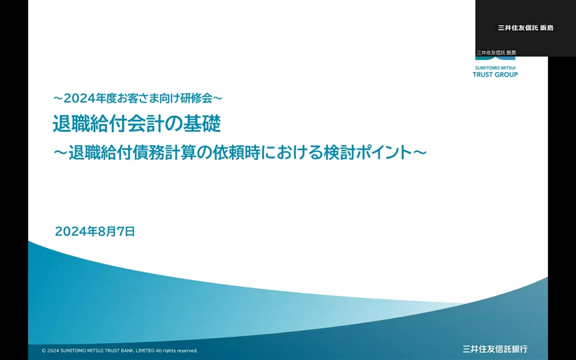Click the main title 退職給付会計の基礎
[x=137, y=123]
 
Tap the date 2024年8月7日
[x=95, y=231]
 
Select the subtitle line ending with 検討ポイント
[x=240, y=153]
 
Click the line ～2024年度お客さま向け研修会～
[x=138, y=98]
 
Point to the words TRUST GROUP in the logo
[x=495, y=75]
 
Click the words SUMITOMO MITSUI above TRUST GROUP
[x=495, y=68]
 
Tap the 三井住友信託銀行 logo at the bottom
[x=495, y=349]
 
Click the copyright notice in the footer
[x=120, y=351]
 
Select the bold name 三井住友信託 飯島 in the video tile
[x=525, y=28]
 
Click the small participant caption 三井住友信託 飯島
[x=496, y=53]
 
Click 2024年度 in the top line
[x=90, y=98]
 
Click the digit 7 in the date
[x=121, y=231]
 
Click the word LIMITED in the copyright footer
[x=145, y=351]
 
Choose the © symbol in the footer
[x=44, y=351]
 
